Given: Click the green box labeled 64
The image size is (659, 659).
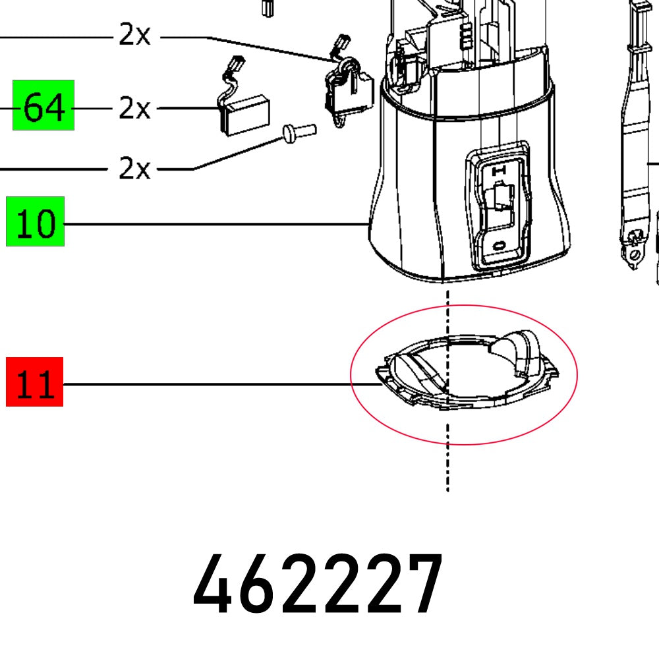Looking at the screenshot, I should tap(43, 105).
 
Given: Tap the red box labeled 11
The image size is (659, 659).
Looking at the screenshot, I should tap(34, 382).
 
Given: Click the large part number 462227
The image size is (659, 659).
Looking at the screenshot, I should tap(318, 585).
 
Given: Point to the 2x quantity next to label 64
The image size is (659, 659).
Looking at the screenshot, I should tap(134, 108).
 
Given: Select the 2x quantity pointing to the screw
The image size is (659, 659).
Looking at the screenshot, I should tap(134, 169).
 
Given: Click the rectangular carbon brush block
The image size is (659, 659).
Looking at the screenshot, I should tap(244, 115).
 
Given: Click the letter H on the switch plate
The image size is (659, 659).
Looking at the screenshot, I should tap(499, 170).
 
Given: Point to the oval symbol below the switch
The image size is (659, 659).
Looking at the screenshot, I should tap(499, 245).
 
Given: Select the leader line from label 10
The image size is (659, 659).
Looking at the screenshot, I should tap(211, 224).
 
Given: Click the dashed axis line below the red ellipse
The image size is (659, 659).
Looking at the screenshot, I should tap(448, 468).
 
